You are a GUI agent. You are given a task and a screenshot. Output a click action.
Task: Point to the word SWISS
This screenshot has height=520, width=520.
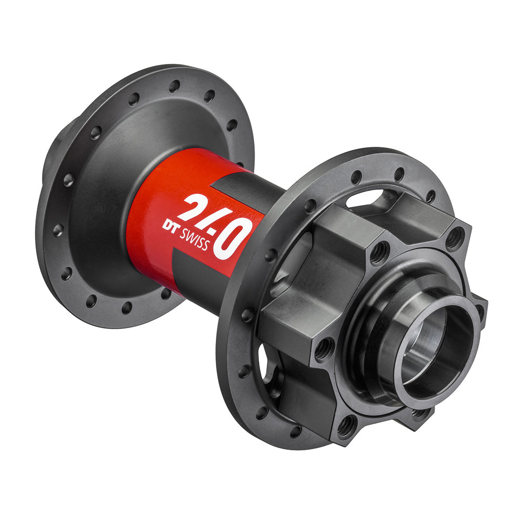tap(193, 238)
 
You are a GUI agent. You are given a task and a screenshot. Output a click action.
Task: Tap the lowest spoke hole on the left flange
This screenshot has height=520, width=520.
tap(126, 307)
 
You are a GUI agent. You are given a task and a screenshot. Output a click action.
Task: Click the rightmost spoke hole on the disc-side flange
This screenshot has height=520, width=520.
tap(431, 197)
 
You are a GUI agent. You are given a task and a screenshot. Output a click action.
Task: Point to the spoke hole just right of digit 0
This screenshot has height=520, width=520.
tap(271, 255)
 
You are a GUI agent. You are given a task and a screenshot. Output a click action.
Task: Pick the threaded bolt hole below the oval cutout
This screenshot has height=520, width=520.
tap(380, 252)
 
